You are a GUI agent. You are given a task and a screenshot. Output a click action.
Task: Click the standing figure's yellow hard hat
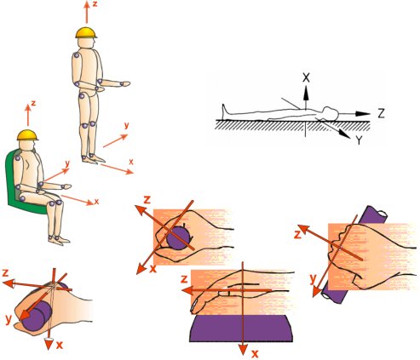[x=86, y=33]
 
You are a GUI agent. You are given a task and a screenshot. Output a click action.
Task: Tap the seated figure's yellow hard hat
[x=27, y=135]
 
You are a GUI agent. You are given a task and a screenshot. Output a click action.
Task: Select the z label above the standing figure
[x=95, y=4]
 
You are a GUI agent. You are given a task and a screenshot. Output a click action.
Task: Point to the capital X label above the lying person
[x=306, y=77]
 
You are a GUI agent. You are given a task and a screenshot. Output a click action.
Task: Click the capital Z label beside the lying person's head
[x=381, y=113]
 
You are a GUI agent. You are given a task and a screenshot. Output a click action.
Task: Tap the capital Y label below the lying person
[x=360, y=140]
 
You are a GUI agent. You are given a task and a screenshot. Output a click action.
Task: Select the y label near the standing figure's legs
[x=126, y=125]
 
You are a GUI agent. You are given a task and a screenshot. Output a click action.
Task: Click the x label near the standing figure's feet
[x=131, y=162]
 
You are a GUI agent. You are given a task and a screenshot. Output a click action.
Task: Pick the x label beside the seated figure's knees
[x=96, y=202]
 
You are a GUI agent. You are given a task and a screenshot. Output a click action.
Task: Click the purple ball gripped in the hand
[x=178, y=238]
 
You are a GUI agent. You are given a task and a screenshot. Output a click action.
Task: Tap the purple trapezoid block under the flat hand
[x=241, y=329]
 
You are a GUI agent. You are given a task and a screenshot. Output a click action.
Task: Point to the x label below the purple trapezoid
[x=255, y=353]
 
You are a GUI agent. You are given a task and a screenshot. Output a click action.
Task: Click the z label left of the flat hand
[x=184, y=280]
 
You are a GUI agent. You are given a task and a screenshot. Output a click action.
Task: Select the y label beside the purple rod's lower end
[x=313, y=279]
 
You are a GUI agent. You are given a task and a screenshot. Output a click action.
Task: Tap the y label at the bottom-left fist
[x=9, y=320]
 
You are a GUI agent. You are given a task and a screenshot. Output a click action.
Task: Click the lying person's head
[x=331, y=112]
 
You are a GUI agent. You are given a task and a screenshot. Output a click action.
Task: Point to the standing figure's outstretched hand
[x=125, y=83]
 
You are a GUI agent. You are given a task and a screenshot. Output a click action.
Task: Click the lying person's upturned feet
[x=225, y=110]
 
